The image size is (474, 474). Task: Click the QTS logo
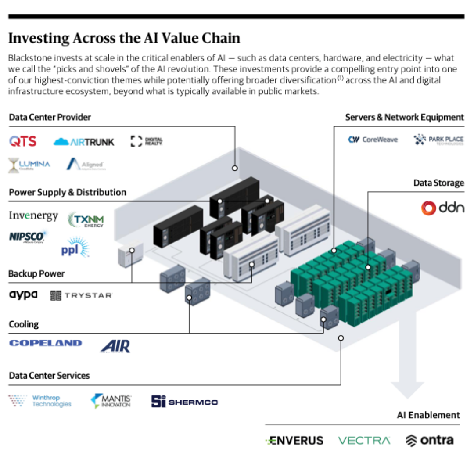coord(23,141)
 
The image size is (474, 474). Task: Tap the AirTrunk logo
coord(83,142)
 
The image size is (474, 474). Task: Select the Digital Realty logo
coord(147,141)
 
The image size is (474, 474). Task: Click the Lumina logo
coord(29,165)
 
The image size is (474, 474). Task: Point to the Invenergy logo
coord(33,216)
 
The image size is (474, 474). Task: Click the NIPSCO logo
coord(27,237)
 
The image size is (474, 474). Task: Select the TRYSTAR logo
coord(82,295)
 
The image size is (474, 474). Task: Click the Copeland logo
coord(45,343)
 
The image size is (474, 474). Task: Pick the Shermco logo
coord(184,402)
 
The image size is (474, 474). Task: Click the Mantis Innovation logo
coord(111,400)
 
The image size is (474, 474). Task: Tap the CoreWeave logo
coord(373,140)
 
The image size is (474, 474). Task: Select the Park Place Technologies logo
coord(438,140)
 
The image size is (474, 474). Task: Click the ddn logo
coord(442,208)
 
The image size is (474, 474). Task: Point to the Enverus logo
coord(294,440)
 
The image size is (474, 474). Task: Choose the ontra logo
coord(429,440)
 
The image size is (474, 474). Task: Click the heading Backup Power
coord(36,274)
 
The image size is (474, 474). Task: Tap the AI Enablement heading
coord(428,415)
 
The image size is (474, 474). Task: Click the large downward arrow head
coord(407,388)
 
